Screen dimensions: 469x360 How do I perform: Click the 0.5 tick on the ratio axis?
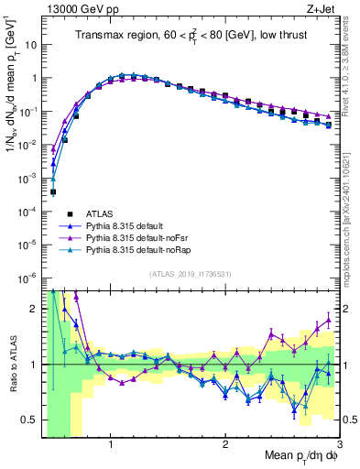[32, 420]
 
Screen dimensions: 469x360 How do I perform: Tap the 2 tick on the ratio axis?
[36, 309]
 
